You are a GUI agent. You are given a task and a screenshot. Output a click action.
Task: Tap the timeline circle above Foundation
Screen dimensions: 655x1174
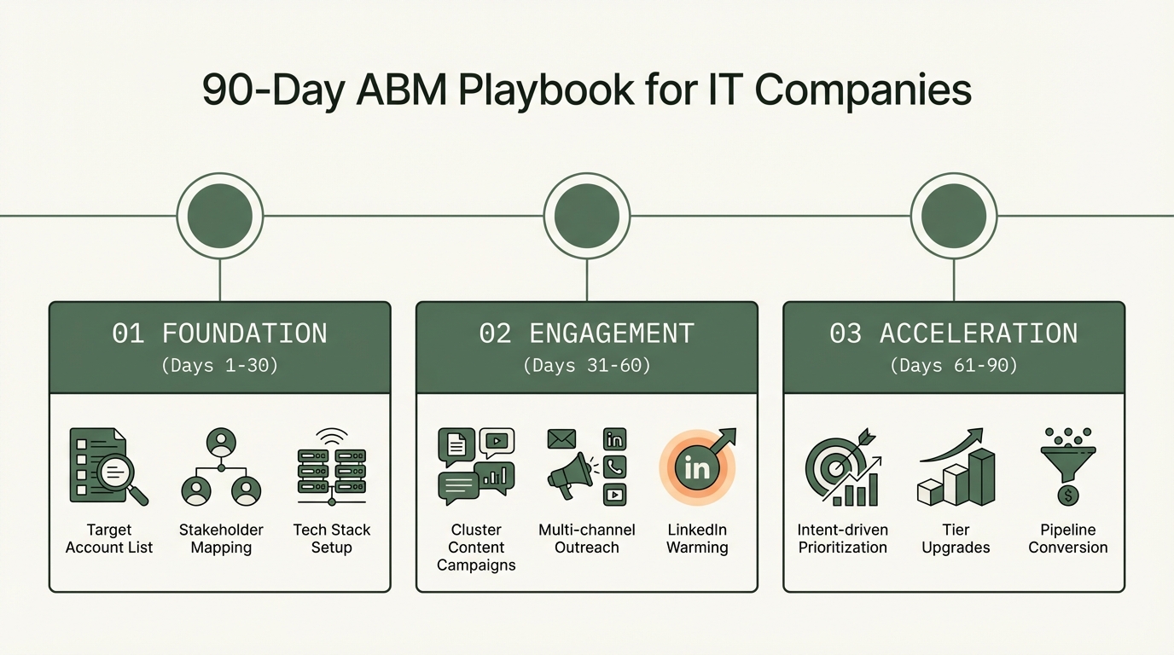click(219, 216)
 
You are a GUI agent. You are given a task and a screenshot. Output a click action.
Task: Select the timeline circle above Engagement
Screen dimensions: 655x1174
click(587, 216)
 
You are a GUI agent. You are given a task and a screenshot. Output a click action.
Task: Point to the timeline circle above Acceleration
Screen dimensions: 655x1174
click(954, 216)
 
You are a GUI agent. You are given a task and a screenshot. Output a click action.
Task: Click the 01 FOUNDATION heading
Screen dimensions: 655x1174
click(219, 333)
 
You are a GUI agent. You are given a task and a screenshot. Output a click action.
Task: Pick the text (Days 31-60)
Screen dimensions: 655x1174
click(587, 366)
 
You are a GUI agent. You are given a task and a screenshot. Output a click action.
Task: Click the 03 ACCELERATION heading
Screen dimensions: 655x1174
click(954, 333)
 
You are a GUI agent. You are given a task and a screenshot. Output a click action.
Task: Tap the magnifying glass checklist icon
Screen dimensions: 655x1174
click(108, 467)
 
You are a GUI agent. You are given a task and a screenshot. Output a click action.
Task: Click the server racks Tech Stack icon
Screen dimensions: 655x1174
click(331, 468)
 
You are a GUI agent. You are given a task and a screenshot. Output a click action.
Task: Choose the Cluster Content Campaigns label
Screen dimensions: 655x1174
click(476, 548)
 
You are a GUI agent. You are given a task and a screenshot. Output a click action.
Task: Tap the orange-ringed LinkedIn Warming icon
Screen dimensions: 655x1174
click(697, 467)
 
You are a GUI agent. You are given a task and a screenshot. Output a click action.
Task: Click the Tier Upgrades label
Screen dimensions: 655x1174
click(956, 539)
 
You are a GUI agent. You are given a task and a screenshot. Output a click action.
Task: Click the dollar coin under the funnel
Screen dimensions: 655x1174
click(1067, 495)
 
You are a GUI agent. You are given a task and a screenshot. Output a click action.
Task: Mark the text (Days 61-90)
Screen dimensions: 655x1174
click(954, 366)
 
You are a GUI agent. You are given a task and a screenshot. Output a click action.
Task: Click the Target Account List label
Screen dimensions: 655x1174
click(109, 539)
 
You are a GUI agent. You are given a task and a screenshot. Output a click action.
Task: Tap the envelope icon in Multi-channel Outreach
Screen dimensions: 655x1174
click(561, 439)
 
